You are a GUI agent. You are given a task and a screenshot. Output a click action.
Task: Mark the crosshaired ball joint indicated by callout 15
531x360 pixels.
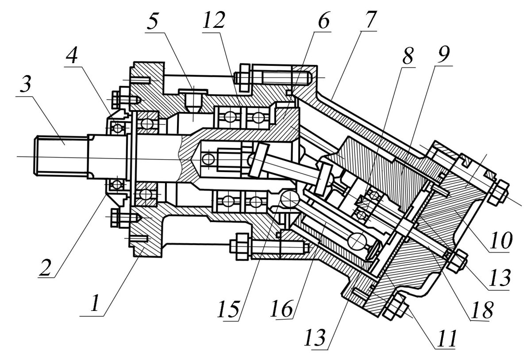[x=288, y=200]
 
